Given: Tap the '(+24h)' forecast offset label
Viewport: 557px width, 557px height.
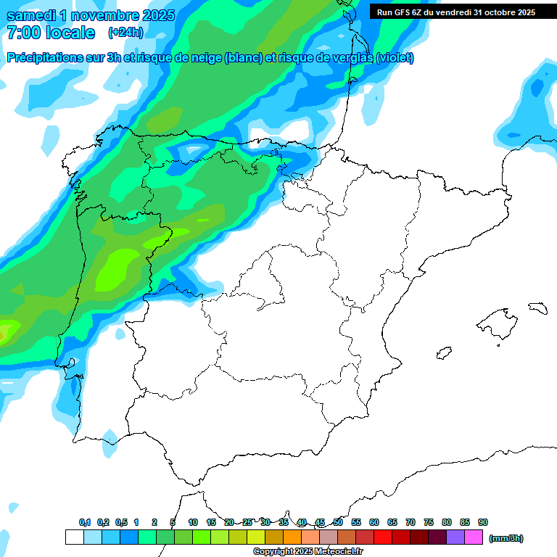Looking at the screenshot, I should tap(125, 33).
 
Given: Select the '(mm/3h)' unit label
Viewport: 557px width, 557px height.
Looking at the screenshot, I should tap(506, 538).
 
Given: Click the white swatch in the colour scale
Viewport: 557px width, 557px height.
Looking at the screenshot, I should tap(74, 537).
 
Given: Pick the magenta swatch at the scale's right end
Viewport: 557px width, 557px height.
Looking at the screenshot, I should tap(474, 537).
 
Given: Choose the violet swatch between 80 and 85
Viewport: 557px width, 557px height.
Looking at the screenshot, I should tap(455, 537).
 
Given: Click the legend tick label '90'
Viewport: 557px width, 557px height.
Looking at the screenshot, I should tap(483, 522).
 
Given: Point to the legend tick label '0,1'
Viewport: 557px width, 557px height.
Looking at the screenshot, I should tap(85, 522).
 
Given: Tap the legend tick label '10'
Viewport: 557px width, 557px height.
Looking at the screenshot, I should tap(193, 522).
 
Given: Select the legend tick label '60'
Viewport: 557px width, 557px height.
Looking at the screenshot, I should tap(374, 522).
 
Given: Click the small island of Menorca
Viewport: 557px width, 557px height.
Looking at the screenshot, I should tap(537, 308).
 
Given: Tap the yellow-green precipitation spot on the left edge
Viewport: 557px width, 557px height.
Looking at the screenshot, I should tap(6, 331).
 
